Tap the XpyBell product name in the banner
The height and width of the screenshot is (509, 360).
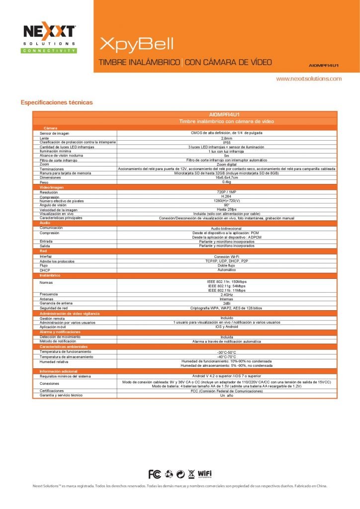coord(136,44)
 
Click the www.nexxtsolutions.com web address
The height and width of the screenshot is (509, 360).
coord(309,79)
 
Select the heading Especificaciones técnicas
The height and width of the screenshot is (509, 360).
coord(56,102)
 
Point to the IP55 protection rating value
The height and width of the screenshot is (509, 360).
coord(226,142)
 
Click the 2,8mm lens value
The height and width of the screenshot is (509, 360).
coord(226,138)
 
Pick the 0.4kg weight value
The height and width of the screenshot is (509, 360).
coord(226,182)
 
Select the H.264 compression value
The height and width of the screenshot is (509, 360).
coord(226,196)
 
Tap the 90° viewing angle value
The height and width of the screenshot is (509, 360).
coord(226,205)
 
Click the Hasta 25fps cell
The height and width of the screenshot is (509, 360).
coord(226,209)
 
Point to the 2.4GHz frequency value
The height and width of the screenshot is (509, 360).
coord(226,294)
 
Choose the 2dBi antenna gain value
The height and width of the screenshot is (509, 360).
coord(226,303)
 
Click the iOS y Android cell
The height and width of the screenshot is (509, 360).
coord(226,327)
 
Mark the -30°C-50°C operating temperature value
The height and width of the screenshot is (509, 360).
coord(226,352)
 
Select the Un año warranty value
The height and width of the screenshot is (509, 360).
coord(226,395)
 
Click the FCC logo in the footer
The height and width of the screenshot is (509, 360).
coord(155,473)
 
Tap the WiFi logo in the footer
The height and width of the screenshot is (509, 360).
coord(205,473)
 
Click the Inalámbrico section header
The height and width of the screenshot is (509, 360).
coord(50,275)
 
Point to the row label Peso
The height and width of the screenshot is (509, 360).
coord(44,182)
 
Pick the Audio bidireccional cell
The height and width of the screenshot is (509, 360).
coord(226,228)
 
